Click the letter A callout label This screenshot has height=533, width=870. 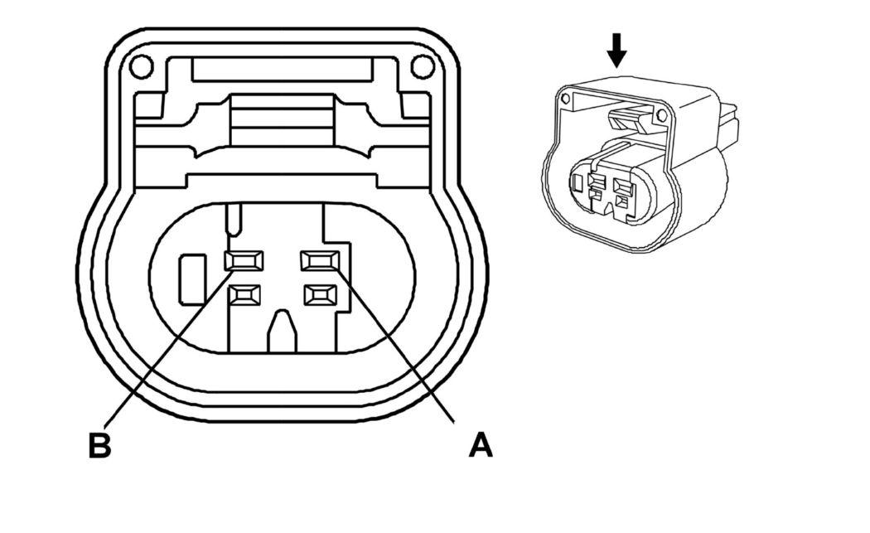pyautogui.click(x=481, y=445)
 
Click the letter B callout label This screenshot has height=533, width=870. pyautogui.click(x=99, y=445)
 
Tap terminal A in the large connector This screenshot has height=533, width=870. pyautogui.click(x=321, y=261)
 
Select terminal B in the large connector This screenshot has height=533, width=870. pyautogui.click(x=244, y=261)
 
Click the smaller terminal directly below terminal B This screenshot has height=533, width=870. pyautogui.click(x=244, y=293)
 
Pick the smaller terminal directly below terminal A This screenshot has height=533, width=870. pyautogui.click(x=321, y=293)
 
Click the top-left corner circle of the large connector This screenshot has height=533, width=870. pyautogui.click(x=141, y=65)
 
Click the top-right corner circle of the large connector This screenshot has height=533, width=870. pyautogui.click(x=423, y=65)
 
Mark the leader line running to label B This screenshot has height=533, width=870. pyautogui.click(x=166, y=348)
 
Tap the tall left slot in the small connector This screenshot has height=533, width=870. pyautogui.click(x=578, y=185)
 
